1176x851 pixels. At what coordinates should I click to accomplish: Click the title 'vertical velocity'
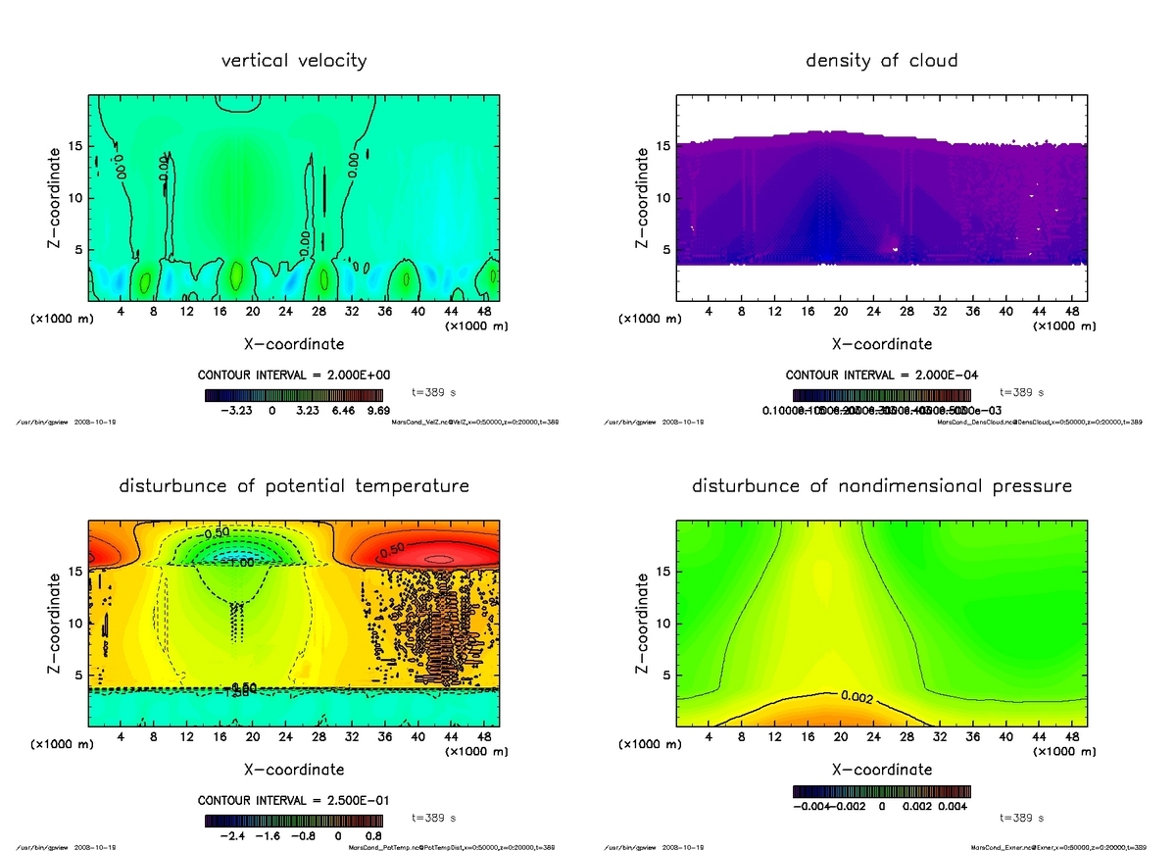[294, 61]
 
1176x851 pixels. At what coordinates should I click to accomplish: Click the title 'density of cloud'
[881, 61]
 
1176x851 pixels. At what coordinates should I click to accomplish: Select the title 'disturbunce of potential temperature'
[294, 486]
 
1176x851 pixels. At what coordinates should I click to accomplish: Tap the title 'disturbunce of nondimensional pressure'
[882, 486]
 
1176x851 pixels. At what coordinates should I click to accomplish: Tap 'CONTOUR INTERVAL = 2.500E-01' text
[294, 801]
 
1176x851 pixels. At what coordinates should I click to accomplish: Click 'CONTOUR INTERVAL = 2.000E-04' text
[881, 375]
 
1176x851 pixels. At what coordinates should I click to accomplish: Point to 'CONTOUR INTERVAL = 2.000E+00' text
[294, 375]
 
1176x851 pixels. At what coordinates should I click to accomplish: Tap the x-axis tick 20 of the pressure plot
[840, 737]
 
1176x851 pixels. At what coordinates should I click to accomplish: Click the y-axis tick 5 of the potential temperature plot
[78, 675]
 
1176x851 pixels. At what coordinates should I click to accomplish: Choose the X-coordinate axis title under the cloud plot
[881, 344]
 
